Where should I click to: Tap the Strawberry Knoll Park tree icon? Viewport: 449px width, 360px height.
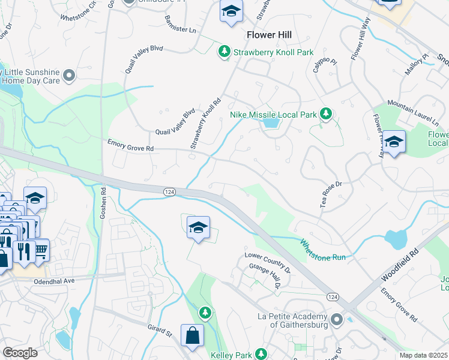click(x=224, y=52)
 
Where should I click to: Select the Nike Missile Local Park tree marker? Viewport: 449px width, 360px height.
click(x=326, y=113)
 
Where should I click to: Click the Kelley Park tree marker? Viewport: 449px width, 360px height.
click(x=261, y=355)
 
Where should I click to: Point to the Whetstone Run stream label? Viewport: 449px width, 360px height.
click(x=322, y=249)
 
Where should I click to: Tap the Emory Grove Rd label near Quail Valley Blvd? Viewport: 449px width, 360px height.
click(x=130, y=145)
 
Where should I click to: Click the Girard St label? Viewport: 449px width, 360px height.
click(x=160, y=330)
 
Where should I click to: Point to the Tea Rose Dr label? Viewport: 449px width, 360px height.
click(x=330, y=194)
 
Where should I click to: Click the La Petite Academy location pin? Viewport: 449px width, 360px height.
click(x=336, y=320)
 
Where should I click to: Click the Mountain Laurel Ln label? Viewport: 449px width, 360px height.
click(x=413, y=112)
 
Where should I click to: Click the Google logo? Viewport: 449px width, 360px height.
click(x=20, y=353)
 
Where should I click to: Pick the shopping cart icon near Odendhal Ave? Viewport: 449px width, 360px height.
click(x=41, y=250)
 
